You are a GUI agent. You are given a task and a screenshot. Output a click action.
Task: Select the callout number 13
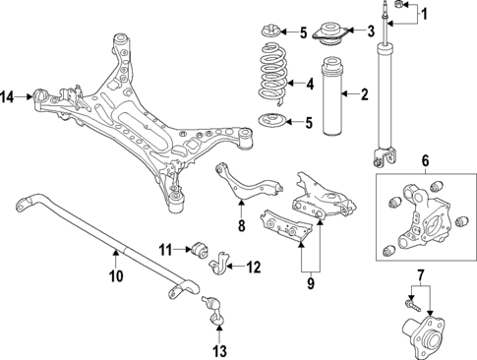pyautogui.click(x=218, y=349)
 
